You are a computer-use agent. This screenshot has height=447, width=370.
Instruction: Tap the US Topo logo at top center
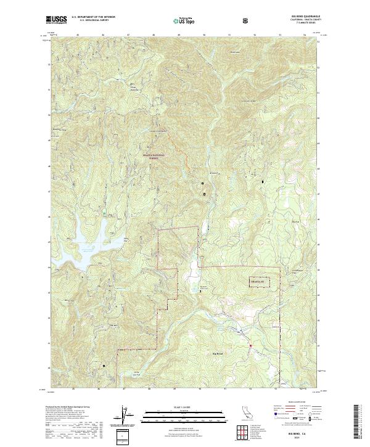coord(185,20)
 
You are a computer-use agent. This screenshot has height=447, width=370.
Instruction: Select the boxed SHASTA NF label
coord(260,282)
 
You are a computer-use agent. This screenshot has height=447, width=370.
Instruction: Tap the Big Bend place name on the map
coord(219,353)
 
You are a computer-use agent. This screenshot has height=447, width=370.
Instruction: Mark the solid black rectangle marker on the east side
coord(264,182)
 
